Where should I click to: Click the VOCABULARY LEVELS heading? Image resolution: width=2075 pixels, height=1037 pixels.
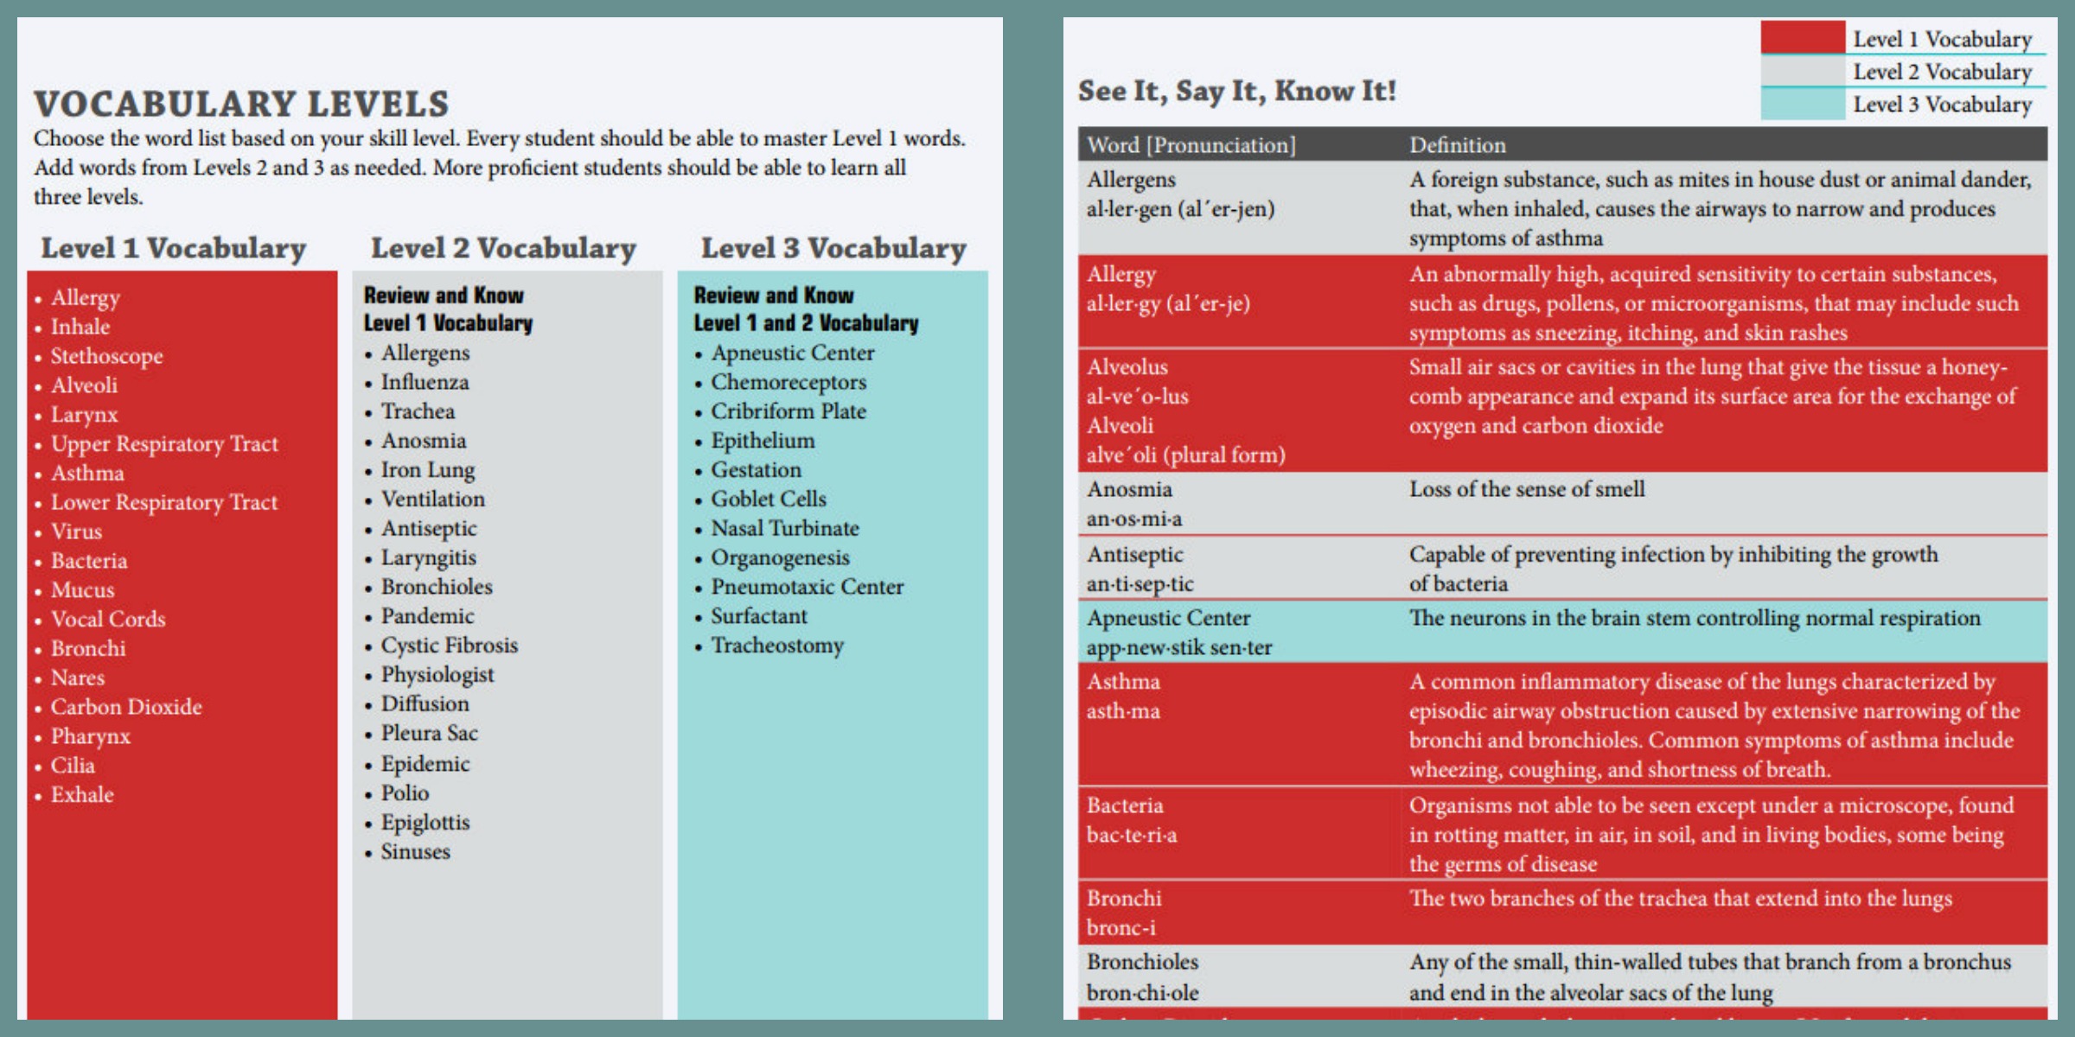(x=241, y=105)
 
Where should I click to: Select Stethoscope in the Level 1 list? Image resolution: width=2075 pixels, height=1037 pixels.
(x=106, y=356)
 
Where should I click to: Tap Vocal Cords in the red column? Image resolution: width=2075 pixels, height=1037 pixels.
(x=108, y=619)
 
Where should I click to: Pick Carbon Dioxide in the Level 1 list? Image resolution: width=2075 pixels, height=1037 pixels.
(x=126, y=707)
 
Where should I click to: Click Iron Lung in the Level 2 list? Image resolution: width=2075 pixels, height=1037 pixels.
(x=428, y=470)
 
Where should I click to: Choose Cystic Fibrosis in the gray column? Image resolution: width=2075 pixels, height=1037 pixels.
(x=450, y=646)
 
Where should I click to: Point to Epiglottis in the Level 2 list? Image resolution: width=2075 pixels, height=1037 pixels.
(x=425, y=823)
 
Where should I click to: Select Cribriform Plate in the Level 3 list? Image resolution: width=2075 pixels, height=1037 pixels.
(x=788, y=411)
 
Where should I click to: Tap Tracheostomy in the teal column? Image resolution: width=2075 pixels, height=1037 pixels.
(x=777, y=646)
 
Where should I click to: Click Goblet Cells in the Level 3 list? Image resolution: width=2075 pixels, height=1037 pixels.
(x=769, y=499)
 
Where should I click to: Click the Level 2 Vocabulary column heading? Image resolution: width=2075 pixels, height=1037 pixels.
(x=503, y=248)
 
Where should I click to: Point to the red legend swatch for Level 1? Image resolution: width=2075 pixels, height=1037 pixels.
(x=1803, y=38)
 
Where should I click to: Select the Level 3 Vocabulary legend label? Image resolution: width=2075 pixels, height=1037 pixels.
(x=1942, y=105)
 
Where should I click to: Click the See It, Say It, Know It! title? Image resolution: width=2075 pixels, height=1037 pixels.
(x=1236, y=91)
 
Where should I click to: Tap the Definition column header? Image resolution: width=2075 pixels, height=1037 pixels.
(x=1458, y=144)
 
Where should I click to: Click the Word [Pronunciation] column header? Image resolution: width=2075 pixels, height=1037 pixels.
(x=1191, y=144)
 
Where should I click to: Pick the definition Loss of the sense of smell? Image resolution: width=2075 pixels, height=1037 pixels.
(x=1527, y=489)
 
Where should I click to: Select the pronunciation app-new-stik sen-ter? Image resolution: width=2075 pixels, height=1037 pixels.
(x=1179, y=647)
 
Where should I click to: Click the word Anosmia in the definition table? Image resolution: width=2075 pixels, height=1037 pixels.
(x=1129, y=489)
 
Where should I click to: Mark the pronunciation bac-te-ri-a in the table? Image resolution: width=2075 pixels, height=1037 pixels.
(x=1132, y=836)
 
